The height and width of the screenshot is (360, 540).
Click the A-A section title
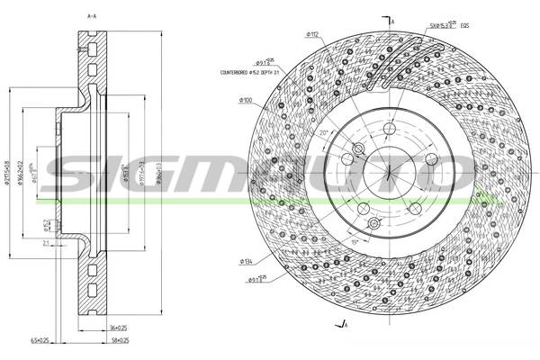tap(92, 16)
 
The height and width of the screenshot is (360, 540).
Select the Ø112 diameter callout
tap(311, 34)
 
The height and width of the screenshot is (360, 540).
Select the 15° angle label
tap(355, 241)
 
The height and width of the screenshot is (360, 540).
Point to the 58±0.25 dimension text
tap(118, 341)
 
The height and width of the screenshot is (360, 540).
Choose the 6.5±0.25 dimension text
tap(64, 341)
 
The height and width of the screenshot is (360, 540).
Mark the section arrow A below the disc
tap(341, 323)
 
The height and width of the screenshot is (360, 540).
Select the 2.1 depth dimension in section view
tap(45, 242)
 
